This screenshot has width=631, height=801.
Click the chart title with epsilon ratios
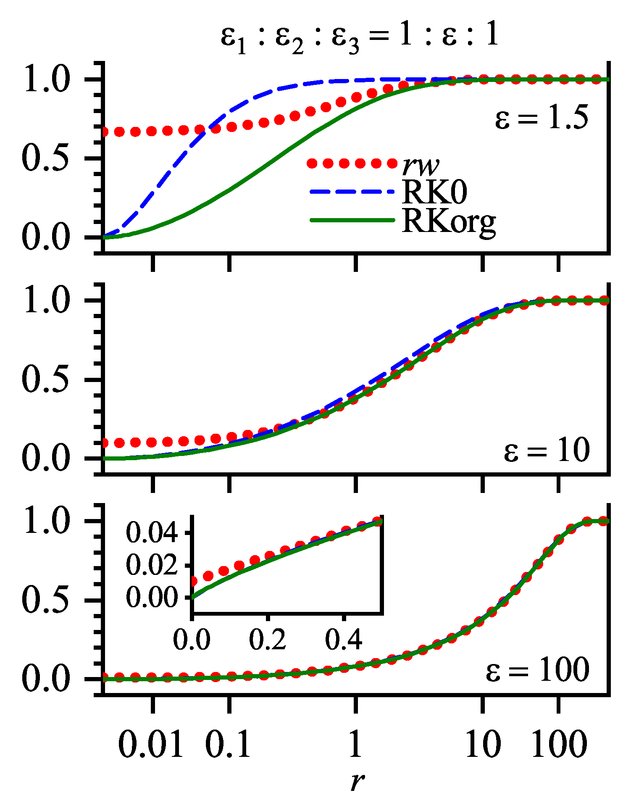(x=360, y=37)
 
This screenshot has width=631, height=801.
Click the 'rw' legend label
(x=421, y=166)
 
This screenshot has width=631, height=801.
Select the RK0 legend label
(x=434, y=193)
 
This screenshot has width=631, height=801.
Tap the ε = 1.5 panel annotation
(x=542, y=119)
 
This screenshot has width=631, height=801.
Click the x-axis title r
(x=357, y=782)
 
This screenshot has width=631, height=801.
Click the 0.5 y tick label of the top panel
(x=45, y=159)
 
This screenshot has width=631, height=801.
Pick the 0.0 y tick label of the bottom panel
(x=45, y=680)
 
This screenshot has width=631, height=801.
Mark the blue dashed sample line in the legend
(x=352, y=192)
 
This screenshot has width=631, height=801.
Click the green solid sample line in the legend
(x=352, y=220)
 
